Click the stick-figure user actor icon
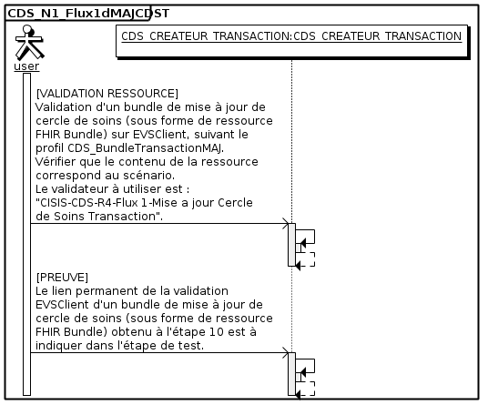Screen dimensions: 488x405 29,43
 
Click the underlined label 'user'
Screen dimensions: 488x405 26,66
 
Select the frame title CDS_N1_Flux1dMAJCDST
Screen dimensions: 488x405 88,14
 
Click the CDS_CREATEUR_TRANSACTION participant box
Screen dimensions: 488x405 291,41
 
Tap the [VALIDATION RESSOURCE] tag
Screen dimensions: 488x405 107,94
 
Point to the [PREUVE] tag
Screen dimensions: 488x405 62,278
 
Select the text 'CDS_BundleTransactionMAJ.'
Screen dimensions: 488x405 146,148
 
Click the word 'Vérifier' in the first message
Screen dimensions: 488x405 56,162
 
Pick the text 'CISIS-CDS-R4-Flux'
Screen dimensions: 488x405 86,203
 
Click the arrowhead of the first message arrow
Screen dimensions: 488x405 285,223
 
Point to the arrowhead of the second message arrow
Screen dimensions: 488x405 285,353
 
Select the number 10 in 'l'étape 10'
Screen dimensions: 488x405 217,332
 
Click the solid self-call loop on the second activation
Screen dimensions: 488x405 315,366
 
